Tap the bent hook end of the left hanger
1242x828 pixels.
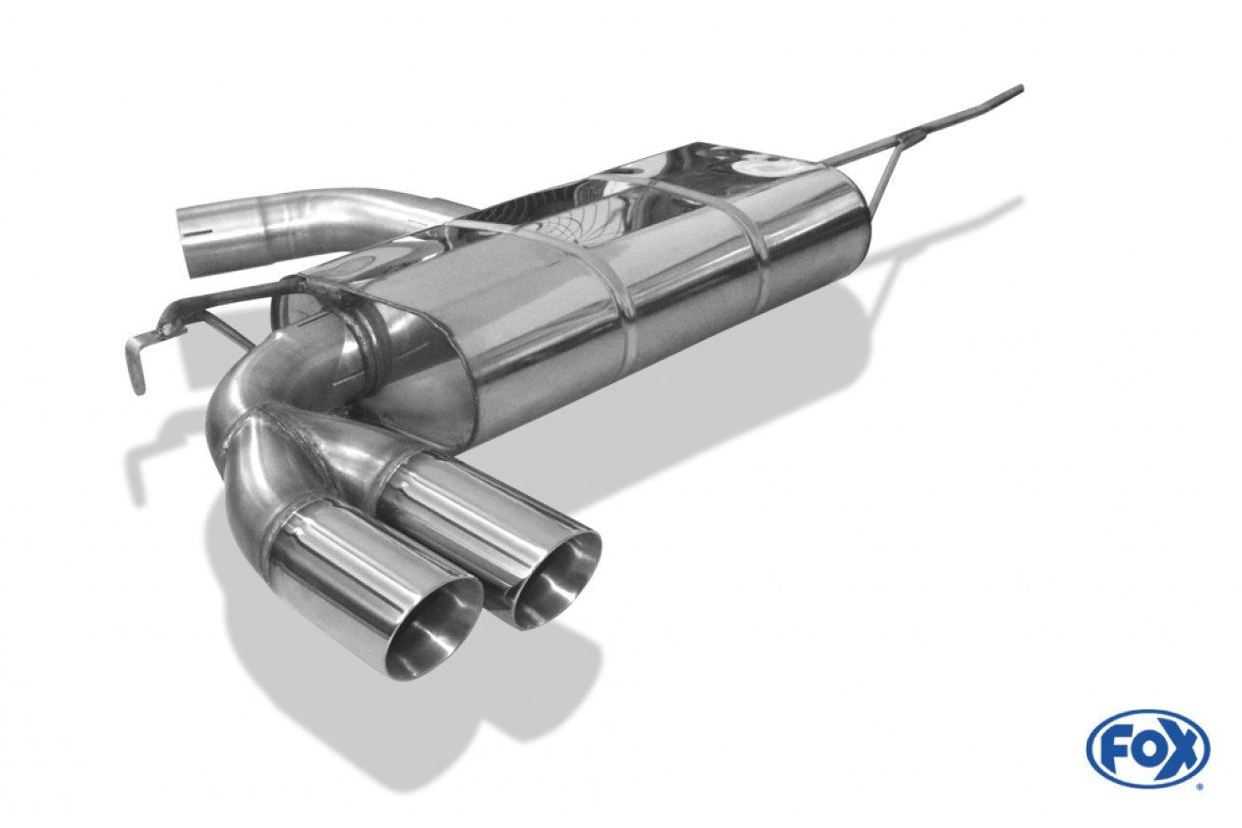[137, 360]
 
